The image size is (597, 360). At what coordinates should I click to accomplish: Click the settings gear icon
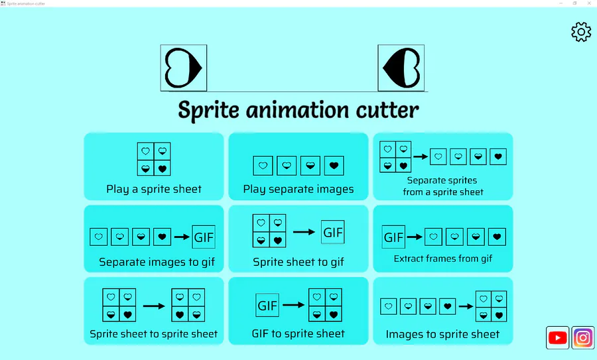coord(581,32)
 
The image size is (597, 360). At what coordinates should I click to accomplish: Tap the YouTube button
coord(557,337)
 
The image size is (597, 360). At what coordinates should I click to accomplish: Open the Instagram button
coord(583,337)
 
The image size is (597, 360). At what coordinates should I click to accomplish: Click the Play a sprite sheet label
coord(154,189)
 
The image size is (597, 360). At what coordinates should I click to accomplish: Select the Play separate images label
coord(298,189)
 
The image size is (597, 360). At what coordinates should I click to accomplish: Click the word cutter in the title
coord(387,110)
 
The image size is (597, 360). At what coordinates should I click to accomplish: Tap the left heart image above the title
coord(184,68)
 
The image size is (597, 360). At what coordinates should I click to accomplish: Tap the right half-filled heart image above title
coord(401,68)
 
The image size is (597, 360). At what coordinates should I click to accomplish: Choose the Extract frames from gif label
coord(443,259)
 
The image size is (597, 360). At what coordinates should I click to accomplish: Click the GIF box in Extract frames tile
coord(393,237)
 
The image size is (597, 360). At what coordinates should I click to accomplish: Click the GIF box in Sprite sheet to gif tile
coord(333,232)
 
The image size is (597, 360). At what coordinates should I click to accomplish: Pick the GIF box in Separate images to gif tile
coord(204,237)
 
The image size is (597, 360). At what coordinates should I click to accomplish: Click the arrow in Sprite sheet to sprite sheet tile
coord(154,306)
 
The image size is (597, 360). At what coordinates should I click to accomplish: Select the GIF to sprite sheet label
coord(298,333)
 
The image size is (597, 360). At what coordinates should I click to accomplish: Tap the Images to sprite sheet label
coord(442,334)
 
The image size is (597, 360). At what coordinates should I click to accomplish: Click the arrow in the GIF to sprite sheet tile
coord(294,305)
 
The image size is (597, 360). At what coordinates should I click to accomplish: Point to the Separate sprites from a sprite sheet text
coord(443,186)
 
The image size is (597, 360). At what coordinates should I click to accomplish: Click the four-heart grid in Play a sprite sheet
coord(154,159)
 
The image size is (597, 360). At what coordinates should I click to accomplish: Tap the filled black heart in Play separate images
coord(334,166)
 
